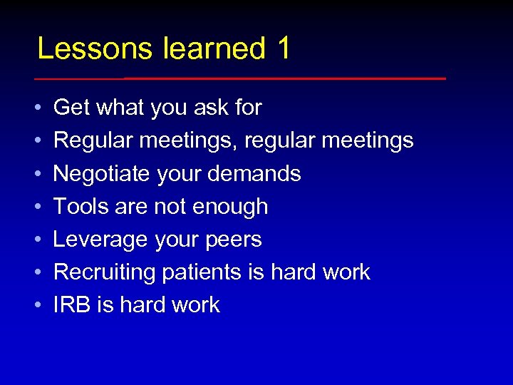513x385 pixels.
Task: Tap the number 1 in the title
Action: (283, 48)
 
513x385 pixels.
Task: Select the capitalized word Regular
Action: (93, 140)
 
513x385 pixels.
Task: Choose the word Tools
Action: (78, 206)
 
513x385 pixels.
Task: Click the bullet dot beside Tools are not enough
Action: (37, 207)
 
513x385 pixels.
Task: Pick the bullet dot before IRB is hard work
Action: (37, 305)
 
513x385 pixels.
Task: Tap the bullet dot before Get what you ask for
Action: (37, 108)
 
